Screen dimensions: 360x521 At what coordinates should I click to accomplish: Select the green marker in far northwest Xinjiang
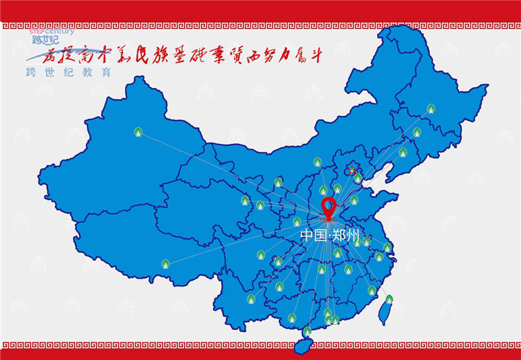tap(138, 132)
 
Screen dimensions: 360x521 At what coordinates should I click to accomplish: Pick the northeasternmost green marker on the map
tap(430, 109)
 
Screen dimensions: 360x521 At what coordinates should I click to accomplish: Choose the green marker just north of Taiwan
tap(389, 299)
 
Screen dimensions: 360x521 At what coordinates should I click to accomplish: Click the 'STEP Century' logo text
tap(53, 31)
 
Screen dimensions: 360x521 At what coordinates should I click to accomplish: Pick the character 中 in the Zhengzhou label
tap(307, 235)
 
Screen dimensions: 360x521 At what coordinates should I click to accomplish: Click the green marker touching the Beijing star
tap(358, 178)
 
